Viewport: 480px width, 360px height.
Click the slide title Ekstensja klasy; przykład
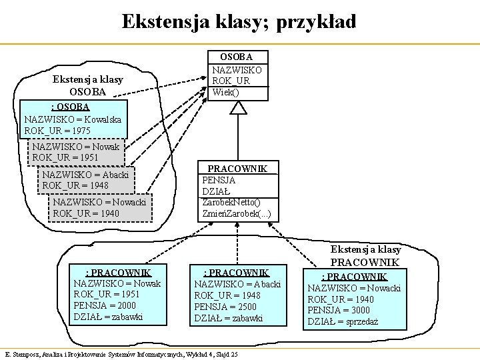pos(239,21)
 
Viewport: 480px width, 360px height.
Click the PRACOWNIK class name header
pos(237,169)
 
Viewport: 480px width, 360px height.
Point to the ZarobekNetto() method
pos(232,202)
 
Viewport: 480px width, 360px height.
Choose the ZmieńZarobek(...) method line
pos(237,213)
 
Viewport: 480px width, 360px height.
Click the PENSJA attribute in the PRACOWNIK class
pos(219,180)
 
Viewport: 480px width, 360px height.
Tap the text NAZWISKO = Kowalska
pos(73,119)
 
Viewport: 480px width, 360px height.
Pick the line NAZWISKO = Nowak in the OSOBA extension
pos(76,147)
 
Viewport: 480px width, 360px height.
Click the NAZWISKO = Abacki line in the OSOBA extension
pos(85,174)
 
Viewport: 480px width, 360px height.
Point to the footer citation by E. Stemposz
pos(121,353)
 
